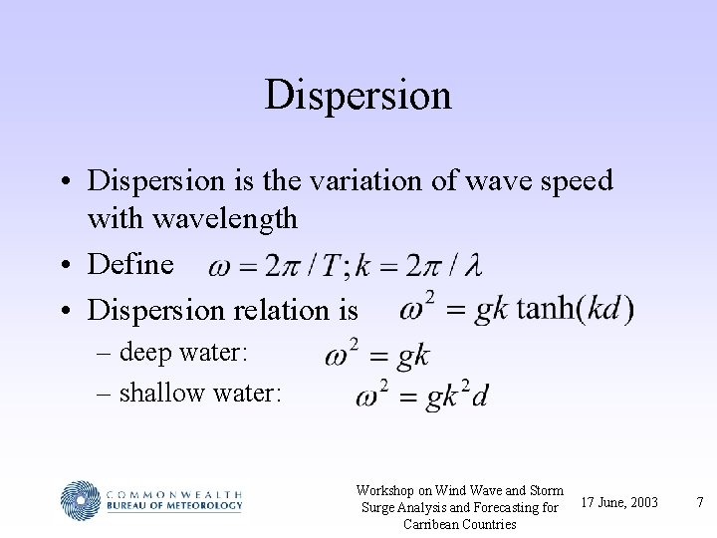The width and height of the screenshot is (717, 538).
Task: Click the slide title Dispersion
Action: pos(358,96)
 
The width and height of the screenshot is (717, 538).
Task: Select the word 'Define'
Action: pos(130,264)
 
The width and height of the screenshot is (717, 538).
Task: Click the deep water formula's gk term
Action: pos(412,356)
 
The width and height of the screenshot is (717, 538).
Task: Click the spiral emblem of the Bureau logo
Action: pos(82,501)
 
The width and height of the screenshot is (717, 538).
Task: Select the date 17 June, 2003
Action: pos(618,501)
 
